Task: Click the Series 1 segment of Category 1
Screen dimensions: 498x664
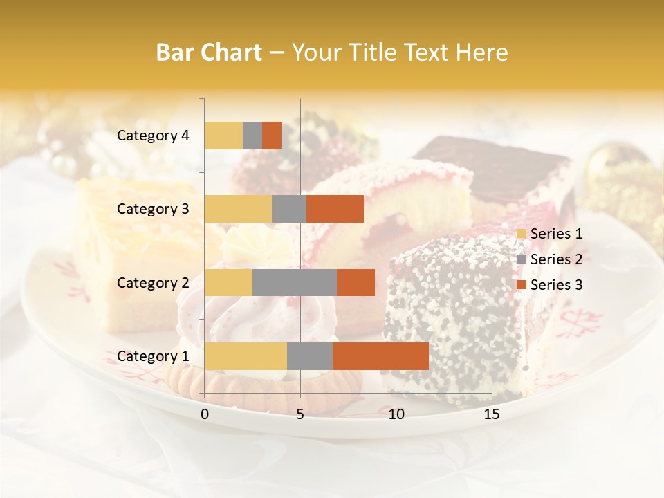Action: point(246,356)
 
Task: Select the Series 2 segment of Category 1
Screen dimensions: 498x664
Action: point(310,356)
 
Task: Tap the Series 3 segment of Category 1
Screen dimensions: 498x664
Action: point(380,356)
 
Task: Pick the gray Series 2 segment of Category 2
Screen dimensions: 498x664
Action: point(295,282)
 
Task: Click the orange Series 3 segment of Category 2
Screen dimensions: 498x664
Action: point(356,282)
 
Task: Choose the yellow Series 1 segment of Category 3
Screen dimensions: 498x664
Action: point(238,209)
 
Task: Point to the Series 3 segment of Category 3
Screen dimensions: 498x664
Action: point(335,209)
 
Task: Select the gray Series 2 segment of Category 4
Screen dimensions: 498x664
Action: point(252,136)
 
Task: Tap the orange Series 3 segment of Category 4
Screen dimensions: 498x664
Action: point(272,136)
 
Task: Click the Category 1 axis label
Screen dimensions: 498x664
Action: point(153,356)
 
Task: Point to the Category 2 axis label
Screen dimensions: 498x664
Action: point(153,283)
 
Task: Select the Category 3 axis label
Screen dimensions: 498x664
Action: point(153,209)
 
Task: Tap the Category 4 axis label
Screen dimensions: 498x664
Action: point(153,136)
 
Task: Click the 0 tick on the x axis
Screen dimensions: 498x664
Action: point(205,414)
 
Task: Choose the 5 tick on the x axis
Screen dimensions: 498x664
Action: point(300,414)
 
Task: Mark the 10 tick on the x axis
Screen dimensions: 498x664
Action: point(396,414)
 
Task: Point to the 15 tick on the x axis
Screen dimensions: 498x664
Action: point(491,414)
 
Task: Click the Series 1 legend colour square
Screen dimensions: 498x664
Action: point(521,234)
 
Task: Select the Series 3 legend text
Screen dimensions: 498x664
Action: point(556,285)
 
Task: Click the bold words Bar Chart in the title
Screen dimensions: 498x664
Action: point(209,53)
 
